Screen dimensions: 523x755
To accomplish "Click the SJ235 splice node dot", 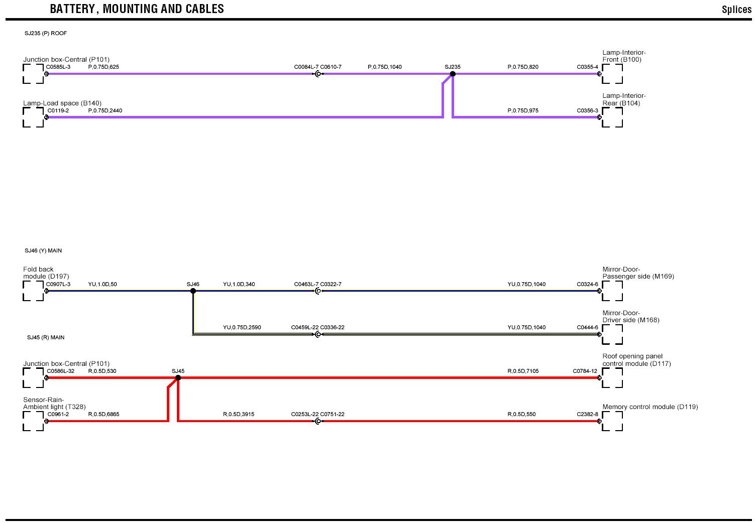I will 453,74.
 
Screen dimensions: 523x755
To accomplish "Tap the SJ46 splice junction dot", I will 193,291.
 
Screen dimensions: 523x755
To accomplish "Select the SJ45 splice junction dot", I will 178,377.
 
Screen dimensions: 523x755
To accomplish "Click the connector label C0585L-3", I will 58,67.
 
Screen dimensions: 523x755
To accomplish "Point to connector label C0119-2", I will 58,110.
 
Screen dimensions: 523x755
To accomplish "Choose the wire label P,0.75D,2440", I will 105,110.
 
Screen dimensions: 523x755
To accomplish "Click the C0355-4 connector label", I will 587,67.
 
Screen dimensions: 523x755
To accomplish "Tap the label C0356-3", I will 587,110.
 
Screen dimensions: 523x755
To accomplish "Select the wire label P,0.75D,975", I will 523,110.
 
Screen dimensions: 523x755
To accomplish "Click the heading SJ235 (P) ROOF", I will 46,34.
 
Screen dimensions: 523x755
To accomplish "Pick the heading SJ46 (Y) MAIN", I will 43,250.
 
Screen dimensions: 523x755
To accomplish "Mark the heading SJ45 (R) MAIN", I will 46,337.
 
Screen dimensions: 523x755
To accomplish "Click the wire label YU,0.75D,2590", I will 242,327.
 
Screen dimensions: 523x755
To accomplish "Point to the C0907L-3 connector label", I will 58,284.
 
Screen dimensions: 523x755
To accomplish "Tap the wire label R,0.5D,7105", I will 523,371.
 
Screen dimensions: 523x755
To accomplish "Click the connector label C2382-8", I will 587,414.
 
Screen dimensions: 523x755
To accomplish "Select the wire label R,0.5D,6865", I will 103,414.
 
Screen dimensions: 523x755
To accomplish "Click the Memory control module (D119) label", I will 650,407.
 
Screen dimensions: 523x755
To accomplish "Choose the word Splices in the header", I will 736,10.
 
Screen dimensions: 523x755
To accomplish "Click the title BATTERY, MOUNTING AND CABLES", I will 137,9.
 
